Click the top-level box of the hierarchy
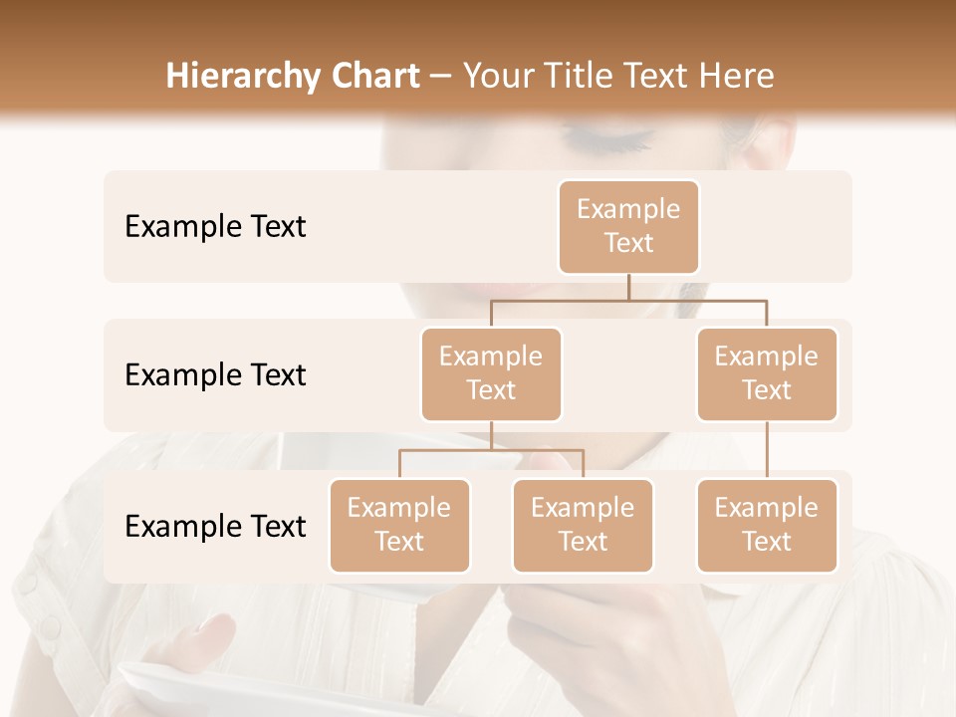pyautogui.click(x=628, y=226)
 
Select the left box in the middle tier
pyautogui.click(x=491, y=373)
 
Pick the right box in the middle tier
pyautogui.click(x=767, y=373)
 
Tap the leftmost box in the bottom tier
pyautogui.click(x=399, y=525)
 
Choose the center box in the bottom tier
pyautogui.click(x=583, y=525)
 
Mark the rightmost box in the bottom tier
pyautogui.click(x=767, y=525)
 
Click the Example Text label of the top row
pyautogui.click(x=215, y=227)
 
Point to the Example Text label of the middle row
pyautogui.click(x=215, y=375)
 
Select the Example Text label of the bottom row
pyautogui.click(x=215, y=526)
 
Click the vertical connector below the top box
pyautogui.click(x=628, y=287)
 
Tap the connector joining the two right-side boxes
pyautogui.click(x=767, y=450)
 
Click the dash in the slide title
pyautogui.click(x=441, y=78)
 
